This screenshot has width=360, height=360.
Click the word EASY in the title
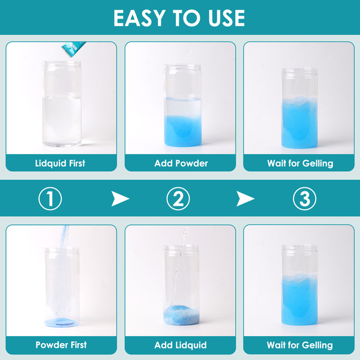(x=140, y=18)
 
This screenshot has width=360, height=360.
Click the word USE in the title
(x=226, y=18)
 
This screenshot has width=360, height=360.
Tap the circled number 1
(x=50, y=199)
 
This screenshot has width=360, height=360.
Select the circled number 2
(x=178, y=199)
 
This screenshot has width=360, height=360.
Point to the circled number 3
(x=305, y=199)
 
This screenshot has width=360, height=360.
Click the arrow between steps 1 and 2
(x=120, y=199)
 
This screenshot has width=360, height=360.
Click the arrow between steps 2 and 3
(x=245, y=199)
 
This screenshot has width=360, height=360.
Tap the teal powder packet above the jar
(x=73, y=49)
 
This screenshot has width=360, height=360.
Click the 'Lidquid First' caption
(x=60, y=163)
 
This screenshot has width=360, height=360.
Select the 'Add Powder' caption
(x=181, y=163)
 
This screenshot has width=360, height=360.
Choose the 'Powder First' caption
(x=61, y=345)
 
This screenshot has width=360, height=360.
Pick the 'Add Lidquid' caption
(x=181, y=345)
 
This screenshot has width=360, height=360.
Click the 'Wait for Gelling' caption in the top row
(x=300, y=163)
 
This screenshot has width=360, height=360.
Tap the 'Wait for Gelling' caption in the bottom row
(x=299, y=345)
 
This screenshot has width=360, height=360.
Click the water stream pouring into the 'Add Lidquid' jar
(x=181, y=264)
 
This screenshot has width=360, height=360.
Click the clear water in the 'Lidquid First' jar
(x=62, y=121)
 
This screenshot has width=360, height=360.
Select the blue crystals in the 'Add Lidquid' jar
(x=181, y=315)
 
